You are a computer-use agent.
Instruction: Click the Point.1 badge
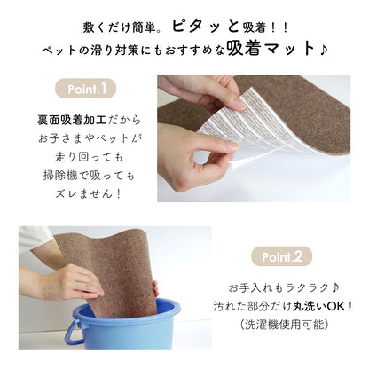coord(86,89)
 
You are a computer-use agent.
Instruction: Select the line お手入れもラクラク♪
coord(281,288)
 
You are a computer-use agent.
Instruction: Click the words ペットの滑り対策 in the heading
coord(84,48)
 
